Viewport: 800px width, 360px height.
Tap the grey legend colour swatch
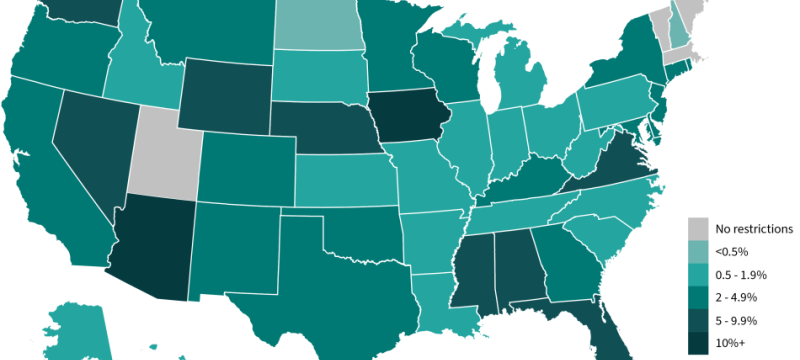pyautogui.click(x=698, y=229)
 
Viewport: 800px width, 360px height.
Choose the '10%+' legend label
pyautogui.click(x=732, y=344)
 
